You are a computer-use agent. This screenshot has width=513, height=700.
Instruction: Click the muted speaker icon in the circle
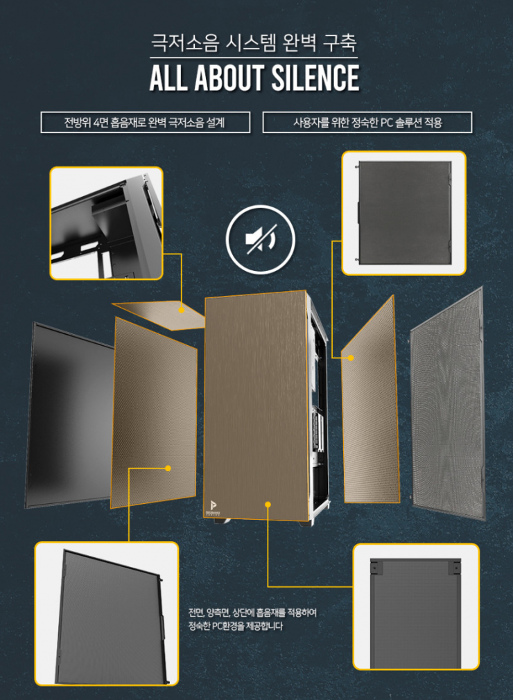pos(261,239)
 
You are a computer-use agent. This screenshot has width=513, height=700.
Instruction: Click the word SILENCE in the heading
pos(315,78)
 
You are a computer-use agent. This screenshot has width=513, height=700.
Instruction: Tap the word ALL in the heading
pos(168,78)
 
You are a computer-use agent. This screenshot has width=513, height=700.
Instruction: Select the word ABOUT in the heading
pos(229,78)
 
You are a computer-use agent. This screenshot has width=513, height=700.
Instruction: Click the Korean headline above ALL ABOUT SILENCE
pos(254,43)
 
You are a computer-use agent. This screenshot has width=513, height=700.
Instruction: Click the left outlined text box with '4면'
pos(145,122)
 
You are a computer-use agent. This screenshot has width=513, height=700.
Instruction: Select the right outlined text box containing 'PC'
pos(367,122)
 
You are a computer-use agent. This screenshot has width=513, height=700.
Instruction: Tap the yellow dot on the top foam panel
pos(182,309)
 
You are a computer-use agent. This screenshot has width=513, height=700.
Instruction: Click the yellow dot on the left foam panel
pos(168,469)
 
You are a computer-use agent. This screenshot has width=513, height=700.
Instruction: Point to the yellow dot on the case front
pos(268,505)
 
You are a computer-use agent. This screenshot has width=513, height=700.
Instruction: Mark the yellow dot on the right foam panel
pos(351,358)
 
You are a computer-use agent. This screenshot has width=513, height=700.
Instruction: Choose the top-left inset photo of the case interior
pos(106,223)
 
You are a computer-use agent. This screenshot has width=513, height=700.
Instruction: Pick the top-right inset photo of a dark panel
pos(404,213)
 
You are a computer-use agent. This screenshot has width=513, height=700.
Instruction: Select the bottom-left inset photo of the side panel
pos(107,614)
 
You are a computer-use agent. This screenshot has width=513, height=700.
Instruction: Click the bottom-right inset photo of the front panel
pos(416,606)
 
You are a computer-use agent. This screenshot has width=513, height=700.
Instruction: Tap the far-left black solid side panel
pos(69,415)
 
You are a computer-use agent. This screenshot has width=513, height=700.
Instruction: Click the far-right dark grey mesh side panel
pos(448,404)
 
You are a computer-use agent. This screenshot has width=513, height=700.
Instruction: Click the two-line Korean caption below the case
pos(252,619)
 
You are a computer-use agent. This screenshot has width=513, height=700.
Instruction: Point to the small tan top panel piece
pos(159,315)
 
